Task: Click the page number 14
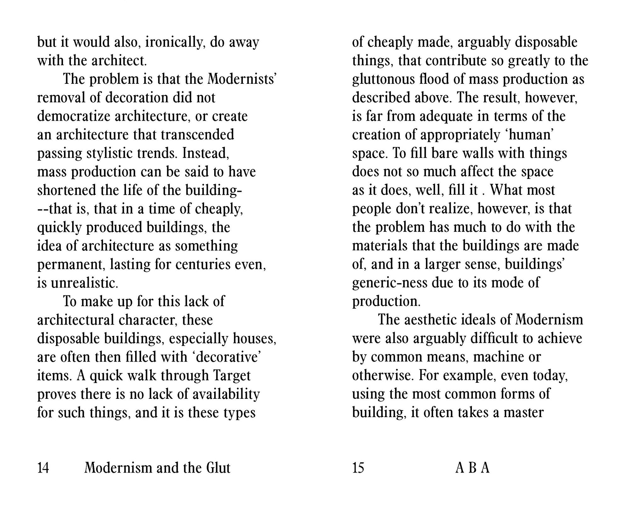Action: (43, 468)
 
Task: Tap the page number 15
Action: (358, 468)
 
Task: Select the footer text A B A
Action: (472, 468)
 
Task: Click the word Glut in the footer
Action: (218, 468)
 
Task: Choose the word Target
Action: (232, 376)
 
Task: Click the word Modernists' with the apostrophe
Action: (242, 79)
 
